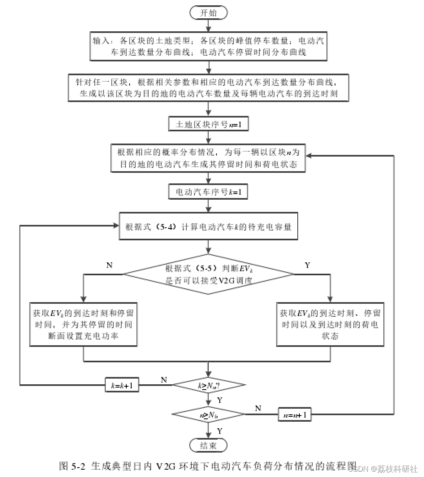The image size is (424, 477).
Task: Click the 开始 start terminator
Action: pos(208,13)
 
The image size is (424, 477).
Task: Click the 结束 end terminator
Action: pos(208,445)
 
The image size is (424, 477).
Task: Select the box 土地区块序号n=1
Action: pos(208,124)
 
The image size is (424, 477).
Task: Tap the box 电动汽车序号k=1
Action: pos(208,192)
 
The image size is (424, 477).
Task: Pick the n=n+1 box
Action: pos(295,415)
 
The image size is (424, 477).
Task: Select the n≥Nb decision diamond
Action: pos(208,415)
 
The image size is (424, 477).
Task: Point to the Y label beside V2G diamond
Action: pos(307,265)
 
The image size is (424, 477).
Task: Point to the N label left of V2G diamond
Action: pos(109,265)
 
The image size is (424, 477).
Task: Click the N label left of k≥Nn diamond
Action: pos(164,380)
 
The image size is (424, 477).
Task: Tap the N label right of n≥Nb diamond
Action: pos(257,408)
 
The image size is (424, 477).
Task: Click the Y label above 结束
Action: pos(219,430)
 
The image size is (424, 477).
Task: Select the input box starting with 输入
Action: pos(208,47)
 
